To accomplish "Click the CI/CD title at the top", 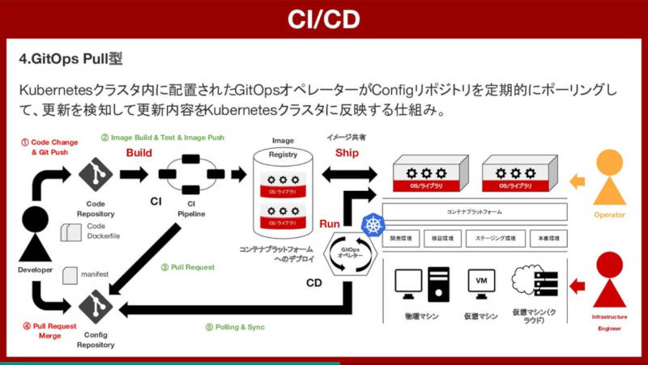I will pos(323,19).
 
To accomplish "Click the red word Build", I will pos(139,152).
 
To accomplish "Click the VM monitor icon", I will pos(480,282).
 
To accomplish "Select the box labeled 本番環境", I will pos(548,239).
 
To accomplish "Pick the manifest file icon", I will pos(68,274).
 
